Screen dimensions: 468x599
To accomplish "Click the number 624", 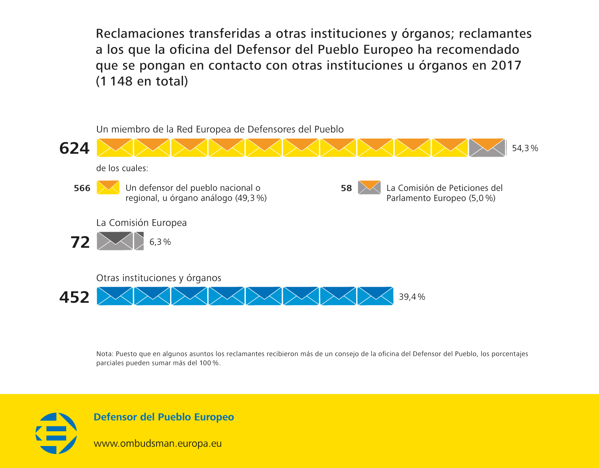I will [x=74, y=148].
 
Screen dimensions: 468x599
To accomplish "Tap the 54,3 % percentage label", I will [x=525, y=148].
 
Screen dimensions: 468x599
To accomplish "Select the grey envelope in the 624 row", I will [x=487, y=148].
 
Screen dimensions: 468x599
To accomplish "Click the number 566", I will [x=82, y=188].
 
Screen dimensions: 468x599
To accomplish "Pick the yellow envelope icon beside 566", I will [x=108, y=187].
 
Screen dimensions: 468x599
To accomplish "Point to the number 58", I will [x=346, y=188].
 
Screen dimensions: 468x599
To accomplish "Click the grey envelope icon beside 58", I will [x=369, y=187].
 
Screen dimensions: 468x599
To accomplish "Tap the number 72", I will [x=80, y=242].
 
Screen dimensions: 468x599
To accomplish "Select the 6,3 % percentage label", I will [x=160, y=242].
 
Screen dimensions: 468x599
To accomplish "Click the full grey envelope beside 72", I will [x=115, y=241].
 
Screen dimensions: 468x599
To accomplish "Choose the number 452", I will [x=74, y=297].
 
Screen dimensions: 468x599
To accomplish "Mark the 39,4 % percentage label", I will [x=412, y=297].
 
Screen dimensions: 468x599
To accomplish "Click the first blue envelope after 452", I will [x=115, y=296].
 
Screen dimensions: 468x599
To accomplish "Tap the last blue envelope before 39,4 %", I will [x=375, y=296].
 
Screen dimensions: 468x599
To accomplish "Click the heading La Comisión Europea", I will [x=141, y=223].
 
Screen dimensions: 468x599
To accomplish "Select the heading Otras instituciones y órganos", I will [x=159, y=278].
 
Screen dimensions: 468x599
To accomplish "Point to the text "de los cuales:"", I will [x=122, y=168].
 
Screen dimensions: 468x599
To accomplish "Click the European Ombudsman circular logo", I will [x=56, y=433].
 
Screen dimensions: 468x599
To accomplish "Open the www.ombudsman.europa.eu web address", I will [x=157, y=443].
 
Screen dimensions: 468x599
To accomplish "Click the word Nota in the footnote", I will [x=104, y=354].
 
